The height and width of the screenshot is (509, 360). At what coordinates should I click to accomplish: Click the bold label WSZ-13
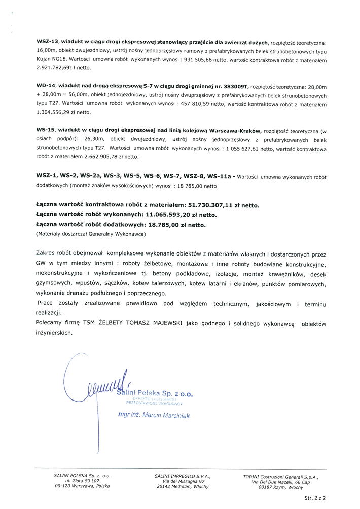point(48,42)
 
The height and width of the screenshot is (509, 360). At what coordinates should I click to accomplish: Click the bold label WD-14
point(47,87)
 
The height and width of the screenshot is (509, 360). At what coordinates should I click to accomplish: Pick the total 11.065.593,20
point(160,215)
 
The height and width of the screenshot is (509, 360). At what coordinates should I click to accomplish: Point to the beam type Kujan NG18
point(52,59)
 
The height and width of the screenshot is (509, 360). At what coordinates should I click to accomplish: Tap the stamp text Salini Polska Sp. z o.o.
point(155,393)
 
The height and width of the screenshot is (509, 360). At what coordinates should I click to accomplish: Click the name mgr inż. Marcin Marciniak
point(153,416)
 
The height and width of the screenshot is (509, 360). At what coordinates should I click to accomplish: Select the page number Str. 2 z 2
point(314,499)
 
